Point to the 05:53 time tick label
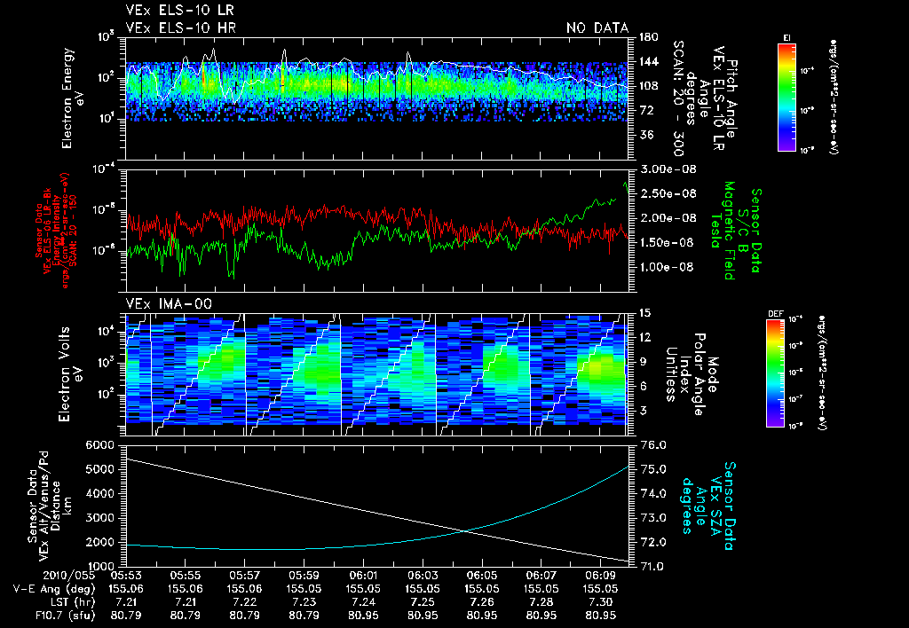click(126, 575)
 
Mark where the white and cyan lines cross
click(466, 531)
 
